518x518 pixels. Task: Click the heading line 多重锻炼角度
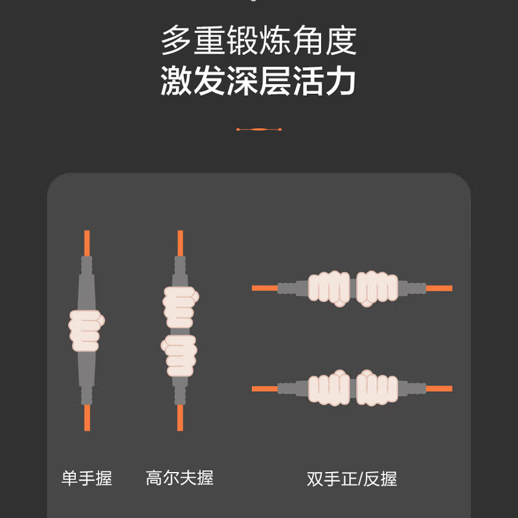tap(258, 41)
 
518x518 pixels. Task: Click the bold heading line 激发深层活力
tap(258, 80)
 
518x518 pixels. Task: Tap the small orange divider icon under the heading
tap(259, 129)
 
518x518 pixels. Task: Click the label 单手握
tap(87, 478)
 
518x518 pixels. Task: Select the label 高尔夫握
tap(180, 478)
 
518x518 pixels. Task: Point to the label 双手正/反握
tap(352, 479)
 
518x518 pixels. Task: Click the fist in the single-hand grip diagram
tap(87, 330)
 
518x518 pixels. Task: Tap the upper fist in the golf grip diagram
tap(181, 307)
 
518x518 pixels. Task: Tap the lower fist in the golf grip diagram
tap(179, 355)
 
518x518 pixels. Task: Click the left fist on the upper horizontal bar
tap(329, 288)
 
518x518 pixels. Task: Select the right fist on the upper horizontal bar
tap(377, 288)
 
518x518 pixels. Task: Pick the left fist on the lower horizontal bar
tap(329, 387)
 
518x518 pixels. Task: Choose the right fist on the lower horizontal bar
tap(377, 387)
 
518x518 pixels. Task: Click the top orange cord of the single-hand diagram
tap(87, 243)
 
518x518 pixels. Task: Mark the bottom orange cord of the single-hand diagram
tap(87, 418)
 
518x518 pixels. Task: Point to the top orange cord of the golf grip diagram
tap(181, 243)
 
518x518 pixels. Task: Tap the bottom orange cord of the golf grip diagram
tap(180, 418)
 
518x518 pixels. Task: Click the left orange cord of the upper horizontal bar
tap(265, 288)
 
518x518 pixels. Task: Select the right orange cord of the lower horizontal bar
tap(439, 388)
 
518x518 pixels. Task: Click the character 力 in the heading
tap(341, 80)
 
